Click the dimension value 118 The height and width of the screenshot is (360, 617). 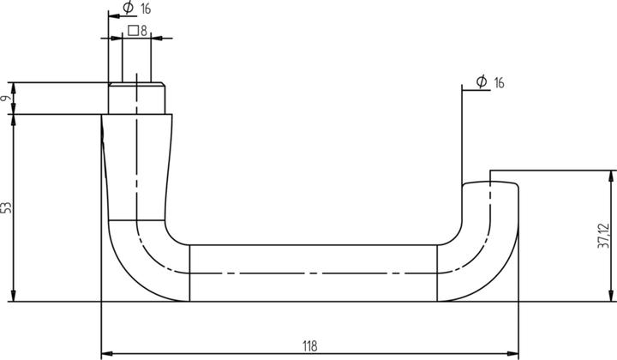[x=309, y=345]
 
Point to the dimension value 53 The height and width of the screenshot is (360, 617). [x=7, y=207]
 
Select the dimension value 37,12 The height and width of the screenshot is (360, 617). [x=605, y=236]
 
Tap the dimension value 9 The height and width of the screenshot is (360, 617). [x=7, y=99]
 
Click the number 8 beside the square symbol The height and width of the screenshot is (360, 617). [x=145, y=31]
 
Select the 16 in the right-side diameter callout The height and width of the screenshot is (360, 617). [x=499, y=82]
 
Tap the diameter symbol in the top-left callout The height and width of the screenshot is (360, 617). [x=128, y=9]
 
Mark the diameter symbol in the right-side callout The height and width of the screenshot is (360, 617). [x=482, y=82]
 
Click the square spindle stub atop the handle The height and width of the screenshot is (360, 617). [x=136, y=97]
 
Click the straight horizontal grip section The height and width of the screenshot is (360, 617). [x=313, y=273]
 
